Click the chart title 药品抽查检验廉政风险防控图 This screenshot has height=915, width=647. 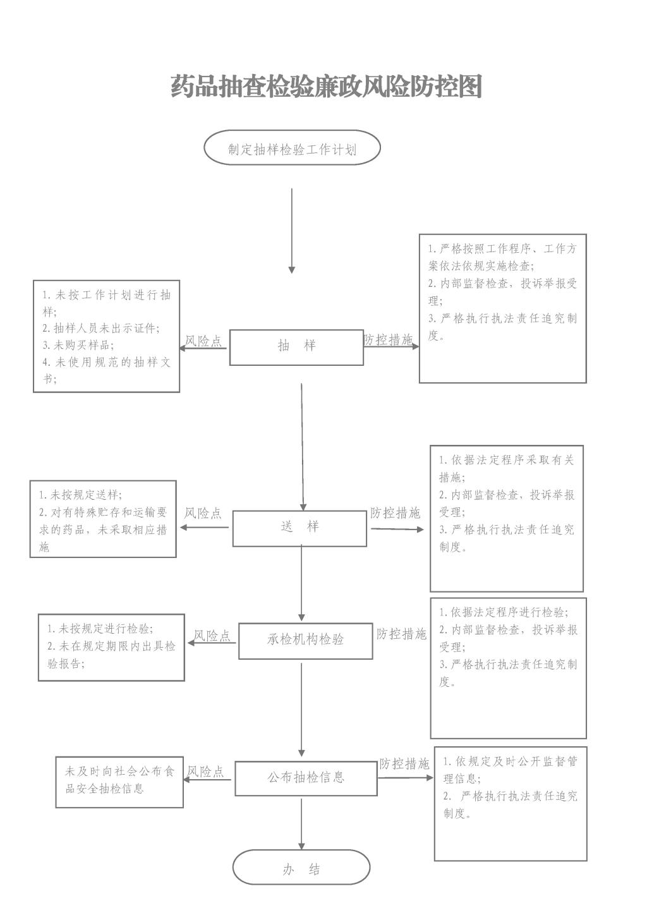click(x=326, y=86)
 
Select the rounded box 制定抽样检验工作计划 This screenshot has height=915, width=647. click(x=292, y=147)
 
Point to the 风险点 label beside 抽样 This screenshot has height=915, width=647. click(x=203, y=341)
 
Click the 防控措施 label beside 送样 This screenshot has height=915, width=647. click(x=395, y=512)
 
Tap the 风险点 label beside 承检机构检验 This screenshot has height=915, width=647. click(x=212, y=636)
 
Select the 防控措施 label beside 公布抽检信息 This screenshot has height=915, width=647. click(x=404, y=763)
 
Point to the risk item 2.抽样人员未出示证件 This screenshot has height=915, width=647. click(x=101, y=328)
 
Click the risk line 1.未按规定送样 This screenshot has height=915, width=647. click(x=80, y=495)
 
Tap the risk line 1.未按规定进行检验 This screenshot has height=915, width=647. click(x=100, y=628)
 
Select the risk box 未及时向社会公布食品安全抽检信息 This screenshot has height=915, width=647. click(x=119, y=782)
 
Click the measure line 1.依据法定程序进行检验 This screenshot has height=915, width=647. click(x=504, y=612)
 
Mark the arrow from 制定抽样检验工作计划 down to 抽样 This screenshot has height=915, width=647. click(x=292, y=231)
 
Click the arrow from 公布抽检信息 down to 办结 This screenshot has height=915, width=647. click(x=301, y=824)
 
